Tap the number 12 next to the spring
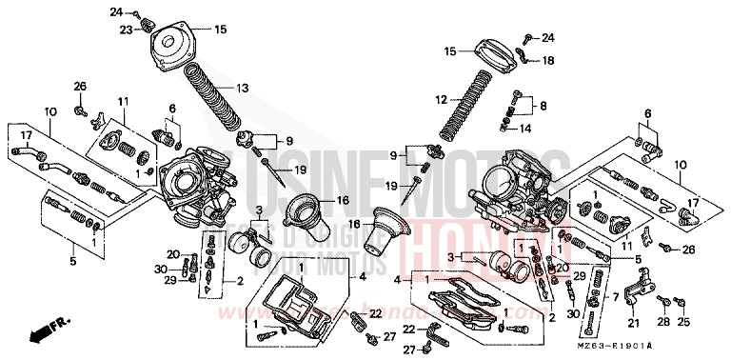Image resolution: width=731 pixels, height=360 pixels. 441,99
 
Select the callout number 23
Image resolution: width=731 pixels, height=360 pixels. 125,30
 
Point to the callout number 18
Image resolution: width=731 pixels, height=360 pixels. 548,60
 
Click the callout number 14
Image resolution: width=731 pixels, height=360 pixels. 524,127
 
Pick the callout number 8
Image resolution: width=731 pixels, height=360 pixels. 543,106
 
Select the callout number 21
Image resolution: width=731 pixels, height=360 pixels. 632,323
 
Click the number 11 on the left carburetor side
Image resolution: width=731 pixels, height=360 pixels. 123,102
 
